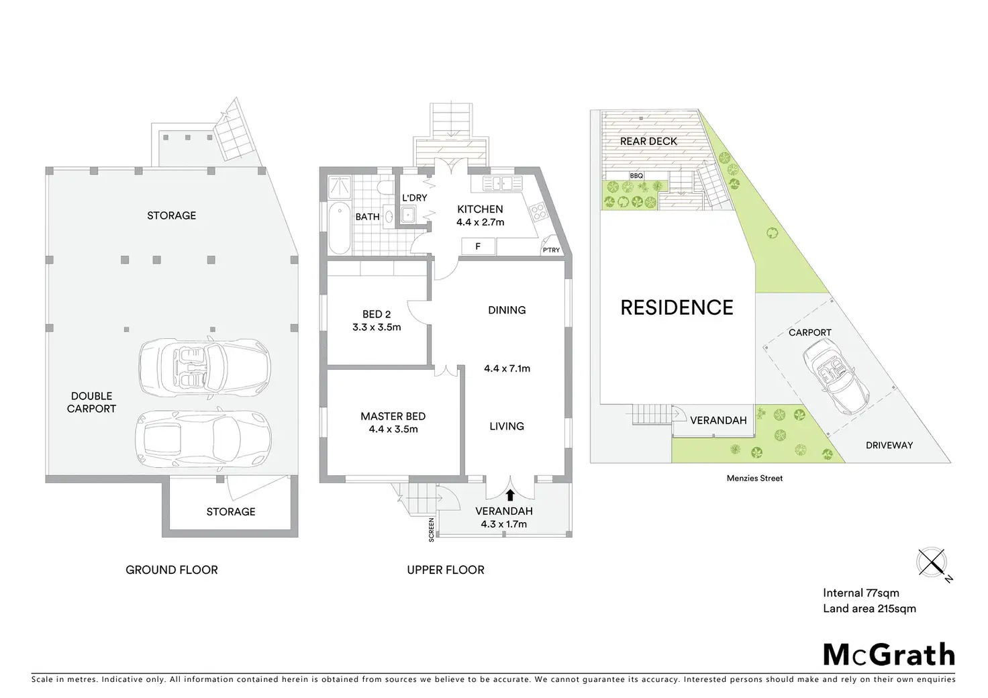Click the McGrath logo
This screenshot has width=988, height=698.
point(889,654)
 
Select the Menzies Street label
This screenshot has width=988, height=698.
point(754,479)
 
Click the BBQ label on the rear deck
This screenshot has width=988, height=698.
point(636,176)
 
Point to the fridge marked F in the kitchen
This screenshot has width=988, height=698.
point(478,246)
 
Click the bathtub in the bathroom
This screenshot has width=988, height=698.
point(340,228)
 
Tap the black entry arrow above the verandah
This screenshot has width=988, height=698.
point(510,495)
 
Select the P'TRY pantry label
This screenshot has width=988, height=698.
point(551,250)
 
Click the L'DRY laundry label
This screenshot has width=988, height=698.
point(414,198)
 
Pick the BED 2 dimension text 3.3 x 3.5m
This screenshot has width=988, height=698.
point(377,328)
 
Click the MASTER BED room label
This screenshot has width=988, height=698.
point(393,416)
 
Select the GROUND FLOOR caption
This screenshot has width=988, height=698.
point(172,570)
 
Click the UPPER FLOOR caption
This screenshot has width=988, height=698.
point(446,570)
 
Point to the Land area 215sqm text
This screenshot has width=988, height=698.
point(869,609)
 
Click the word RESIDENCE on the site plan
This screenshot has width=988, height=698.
point(677,307)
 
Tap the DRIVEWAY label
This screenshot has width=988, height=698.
point(889,445)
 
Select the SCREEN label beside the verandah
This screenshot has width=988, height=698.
point(432,530)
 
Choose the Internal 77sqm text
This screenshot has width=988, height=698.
point(861,593)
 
